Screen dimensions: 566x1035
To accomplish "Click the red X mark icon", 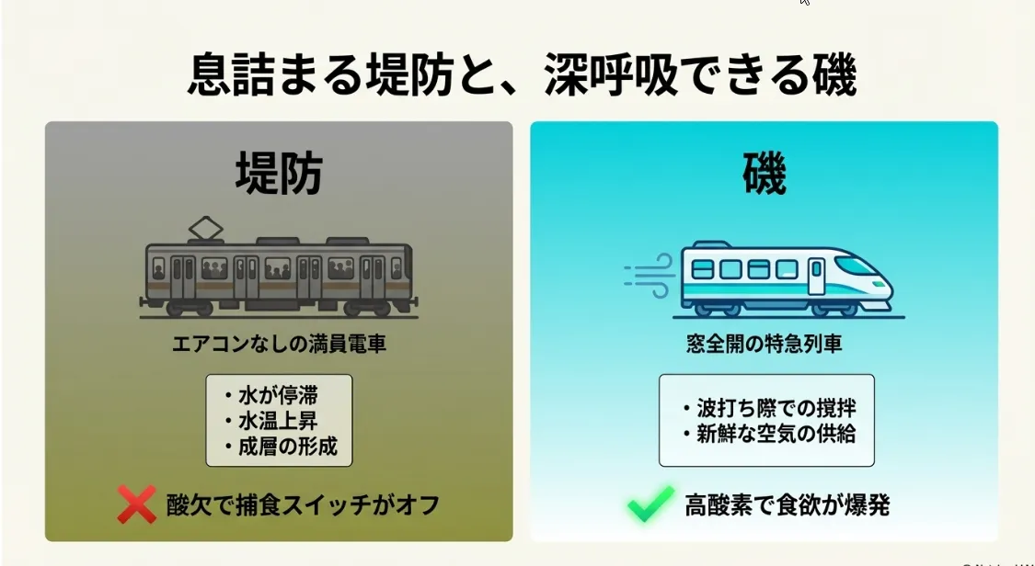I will click(x=136, y=504).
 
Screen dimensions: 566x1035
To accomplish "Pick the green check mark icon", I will click(x=650, y=504).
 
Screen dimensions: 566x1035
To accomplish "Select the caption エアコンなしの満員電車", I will click(x=279, y=345).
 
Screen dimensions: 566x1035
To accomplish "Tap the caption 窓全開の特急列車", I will click(x=764, y=345).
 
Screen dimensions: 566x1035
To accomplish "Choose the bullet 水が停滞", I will click(x=277, y=397).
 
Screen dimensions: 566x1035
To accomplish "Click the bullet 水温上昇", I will click(x=277, y=422).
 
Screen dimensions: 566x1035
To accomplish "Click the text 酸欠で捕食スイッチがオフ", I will click(x=303, y=504).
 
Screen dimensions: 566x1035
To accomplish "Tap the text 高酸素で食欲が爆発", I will click(x=787, y=504).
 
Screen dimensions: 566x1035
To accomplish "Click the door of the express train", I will click(x=816, y=276).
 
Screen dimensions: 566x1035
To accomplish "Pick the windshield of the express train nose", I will click(x=855, y=266).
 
